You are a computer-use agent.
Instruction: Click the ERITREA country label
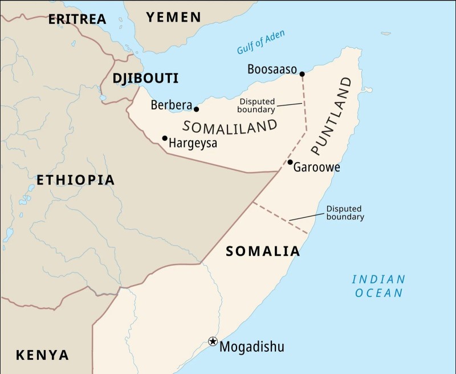coord(77,19)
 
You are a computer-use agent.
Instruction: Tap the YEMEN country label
coord(174,17)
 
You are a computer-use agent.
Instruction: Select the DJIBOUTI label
coord(145,78)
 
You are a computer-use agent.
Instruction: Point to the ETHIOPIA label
coord(75,180)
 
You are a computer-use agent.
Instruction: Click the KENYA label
coord(42,355)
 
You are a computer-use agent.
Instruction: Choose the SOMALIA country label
coord(263,251)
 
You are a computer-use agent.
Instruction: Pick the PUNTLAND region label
coord(332,116)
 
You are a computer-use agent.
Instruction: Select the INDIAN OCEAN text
coord(378,286)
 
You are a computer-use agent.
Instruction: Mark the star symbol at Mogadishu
coord(213,342)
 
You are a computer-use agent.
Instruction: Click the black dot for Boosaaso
coord(302,74)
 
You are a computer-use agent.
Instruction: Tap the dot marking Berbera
coord(197,109)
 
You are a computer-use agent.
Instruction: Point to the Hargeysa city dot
coord(165,138)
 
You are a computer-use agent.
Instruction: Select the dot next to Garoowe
coord(290,162)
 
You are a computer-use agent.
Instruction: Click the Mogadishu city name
coord(251,347)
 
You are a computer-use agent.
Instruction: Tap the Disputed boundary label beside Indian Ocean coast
coord(345,213)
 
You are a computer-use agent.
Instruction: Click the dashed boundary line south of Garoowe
coord(280,217)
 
